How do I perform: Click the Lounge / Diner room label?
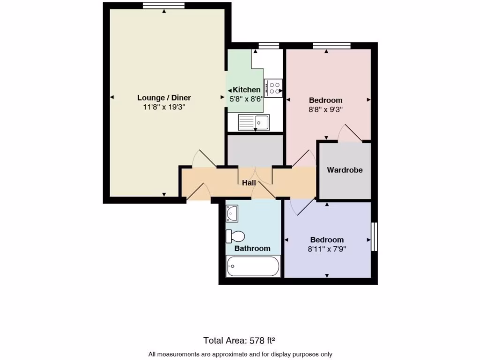(x=164, y=98)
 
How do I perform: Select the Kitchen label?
(x=247, y=90)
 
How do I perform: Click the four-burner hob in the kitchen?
(x=273, y=88)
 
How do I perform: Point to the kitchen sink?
(x=253, y=122)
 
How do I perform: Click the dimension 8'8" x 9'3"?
(x=326, y=110)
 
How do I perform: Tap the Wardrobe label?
(x=345, y=170)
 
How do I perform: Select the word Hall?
(x=248, y=182)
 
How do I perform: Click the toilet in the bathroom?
(x=235, y=236)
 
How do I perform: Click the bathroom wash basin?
(x=232, y=213)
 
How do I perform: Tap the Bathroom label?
(x=252, y=248)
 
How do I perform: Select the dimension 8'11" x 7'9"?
(x=327, y=249)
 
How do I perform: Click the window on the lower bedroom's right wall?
(x=374, y=236)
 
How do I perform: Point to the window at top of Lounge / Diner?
(x=164, y=6)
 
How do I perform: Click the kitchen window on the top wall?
(x=269, y=45)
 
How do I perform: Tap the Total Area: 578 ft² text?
(x=242, y=340)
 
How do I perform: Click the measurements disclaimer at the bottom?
(x=240, y=354)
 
